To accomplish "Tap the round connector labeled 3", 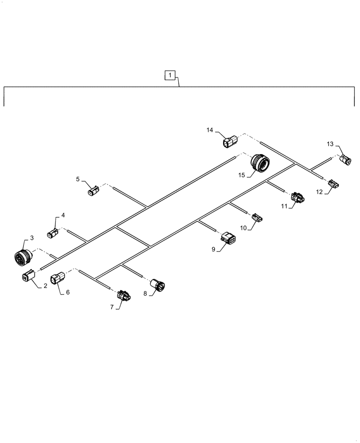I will click(x=22, y=257).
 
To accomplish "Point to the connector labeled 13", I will click(x=345, y=160).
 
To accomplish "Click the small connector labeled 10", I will click(x=257, y=217).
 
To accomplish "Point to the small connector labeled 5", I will click(x=93, y=191).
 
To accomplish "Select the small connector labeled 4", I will click(x=52, y=233).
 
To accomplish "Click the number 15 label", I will click(x=241, y=175).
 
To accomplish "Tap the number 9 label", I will click(x=213, y=249).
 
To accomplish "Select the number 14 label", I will click(x=210, y=130).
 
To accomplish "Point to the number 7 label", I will click(x=113, y=306).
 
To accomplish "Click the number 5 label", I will click(x=78, y=179).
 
